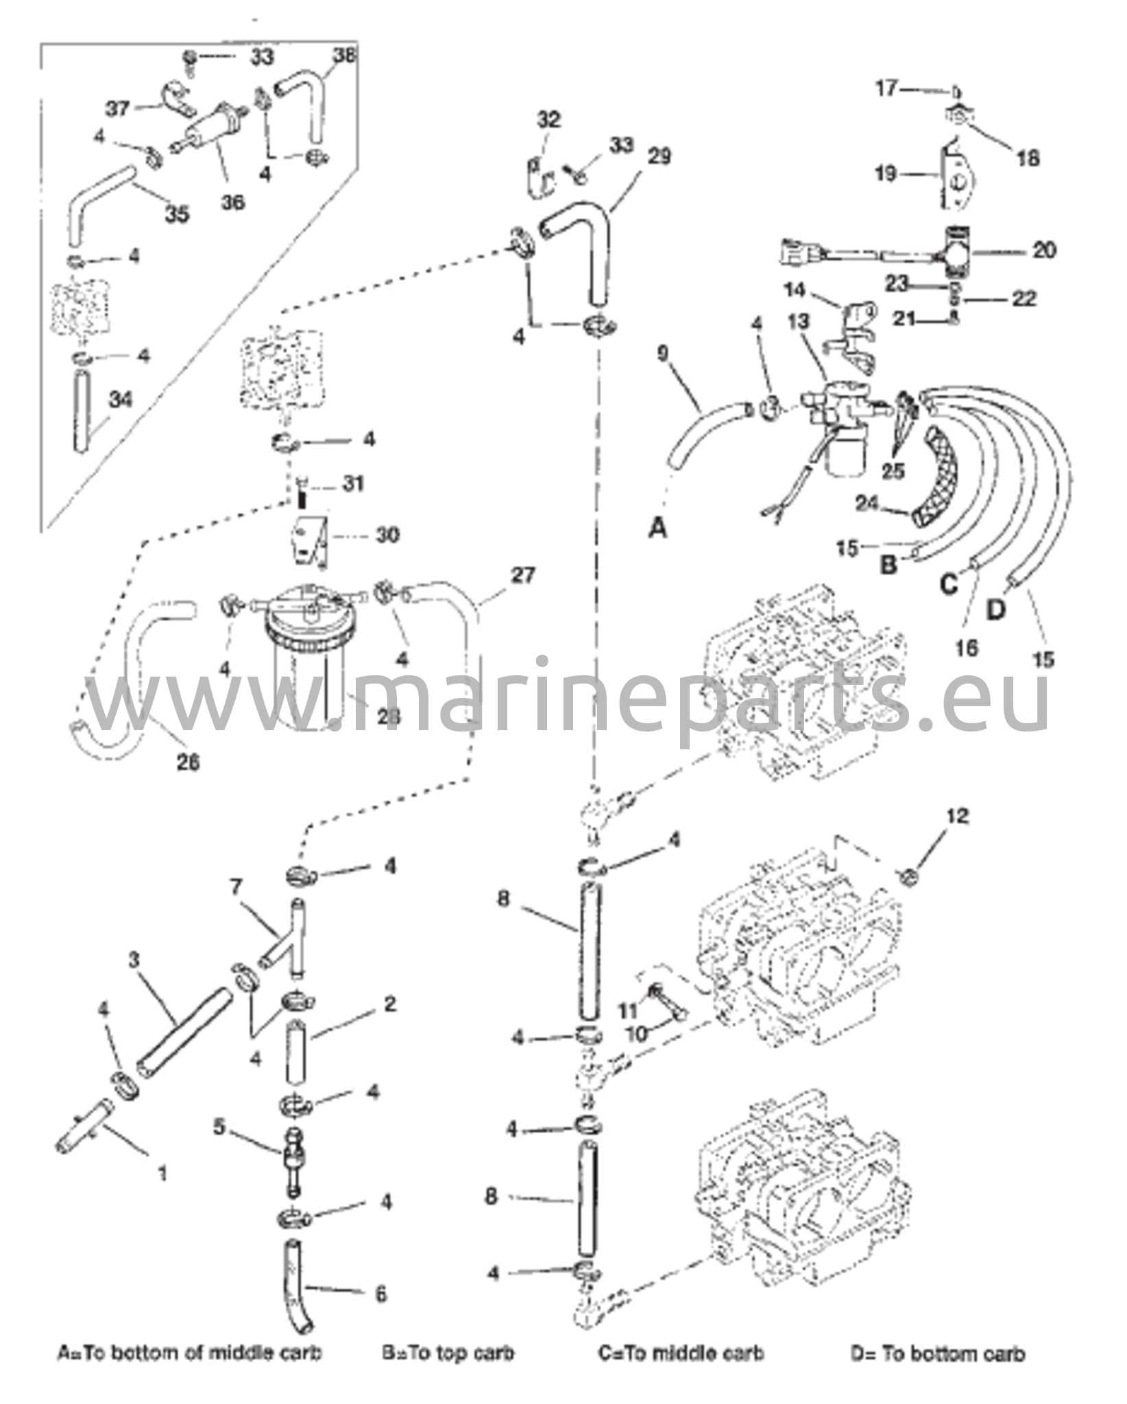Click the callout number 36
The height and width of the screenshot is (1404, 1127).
(233, 203)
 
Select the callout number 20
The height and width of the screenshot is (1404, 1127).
(1044, 250)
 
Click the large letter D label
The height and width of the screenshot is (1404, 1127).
(995, 609)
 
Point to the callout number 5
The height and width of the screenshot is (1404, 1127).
(219, 1127)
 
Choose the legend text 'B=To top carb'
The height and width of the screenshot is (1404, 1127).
(448, 1353)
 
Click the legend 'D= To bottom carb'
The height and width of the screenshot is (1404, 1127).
(938, 1353)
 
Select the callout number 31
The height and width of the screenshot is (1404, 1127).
(354, 484)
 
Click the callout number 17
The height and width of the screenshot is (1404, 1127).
(886, 89)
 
